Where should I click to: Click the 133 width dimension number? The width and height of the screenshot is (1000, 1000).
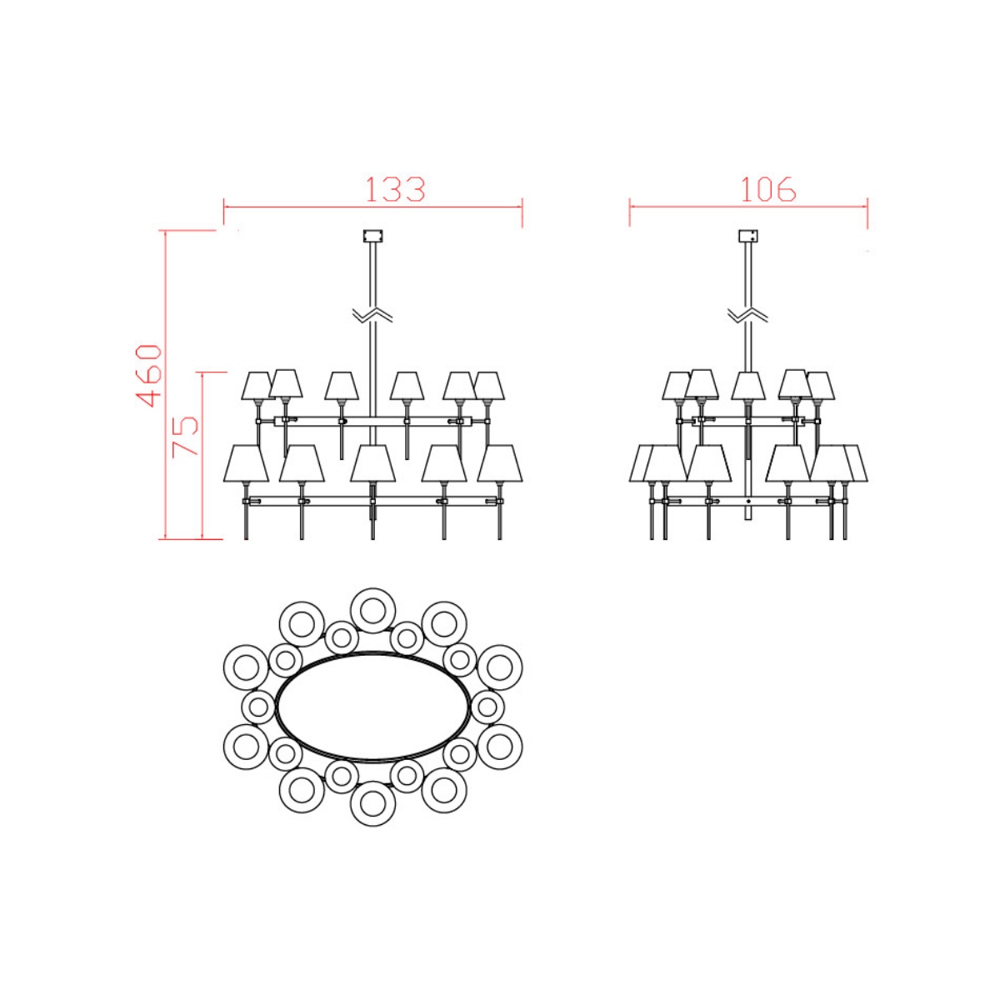pyautogui.click(x=396, y=189)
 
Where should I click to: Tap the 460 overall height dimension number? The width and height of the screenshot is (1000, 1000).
pyautogui.click(x=149, y=375)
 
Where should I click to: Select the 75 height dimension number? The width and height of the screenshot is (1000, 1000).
pyautogui.click(x=185, y=435)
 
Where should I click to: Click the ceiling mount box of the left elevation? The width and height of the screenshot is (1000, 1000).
pyautogui.click(x=372, y=236)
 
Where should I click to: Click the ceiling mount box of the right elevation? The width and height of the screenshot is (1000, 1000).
pyautogui.click(x=747, y=236)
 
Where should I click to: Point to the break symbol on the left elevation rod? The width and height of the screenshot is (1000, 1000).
pyautogui.click(x=372, y=313)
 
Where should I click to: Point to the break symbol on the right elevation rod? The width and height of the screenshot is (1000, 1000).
pyautogui.click(x=747, y=313)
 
